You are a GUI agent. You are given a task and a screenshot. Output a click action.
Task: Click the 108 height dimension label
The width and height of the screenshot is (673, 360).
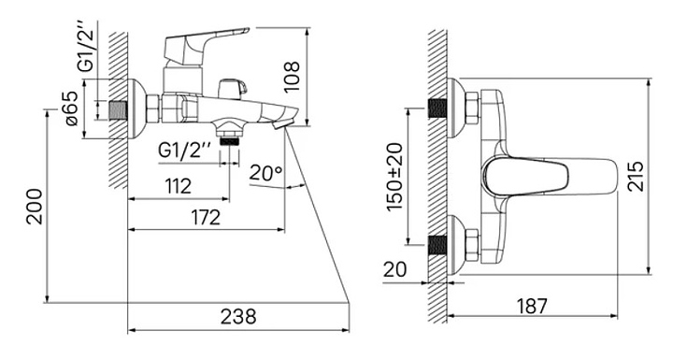click(293, 76)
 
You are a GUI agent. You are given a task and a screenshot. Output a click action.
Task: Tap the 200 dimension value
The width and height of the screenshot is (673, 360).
click(36, 207)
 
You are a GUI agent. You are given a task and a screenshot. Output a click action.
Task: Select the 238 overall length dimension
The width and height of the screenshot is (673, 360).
click(238, 317)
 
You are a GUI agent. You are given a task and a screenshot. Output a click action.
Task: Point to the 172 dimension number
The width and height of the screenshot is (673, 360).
click(206, 217)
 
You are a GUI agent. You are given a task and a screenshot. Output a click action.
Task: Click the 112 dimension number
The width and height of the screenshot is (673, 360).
click(179, 186)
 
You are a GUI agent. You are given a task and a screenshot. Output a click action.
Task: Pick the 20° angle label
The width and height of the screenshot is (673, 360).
click(265, 172)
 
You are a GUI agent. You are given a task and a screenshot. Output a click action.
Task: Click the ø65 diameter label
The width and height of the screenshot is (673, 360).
click(71, 108)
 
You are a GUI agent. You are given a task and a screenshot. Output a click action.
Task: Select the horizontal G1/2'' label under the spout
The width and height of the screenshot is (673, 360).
click(184, 150)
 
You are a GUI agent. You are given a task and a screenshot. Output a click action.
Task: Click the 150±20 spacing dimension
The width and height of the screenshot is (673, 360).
click(394, 177)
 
